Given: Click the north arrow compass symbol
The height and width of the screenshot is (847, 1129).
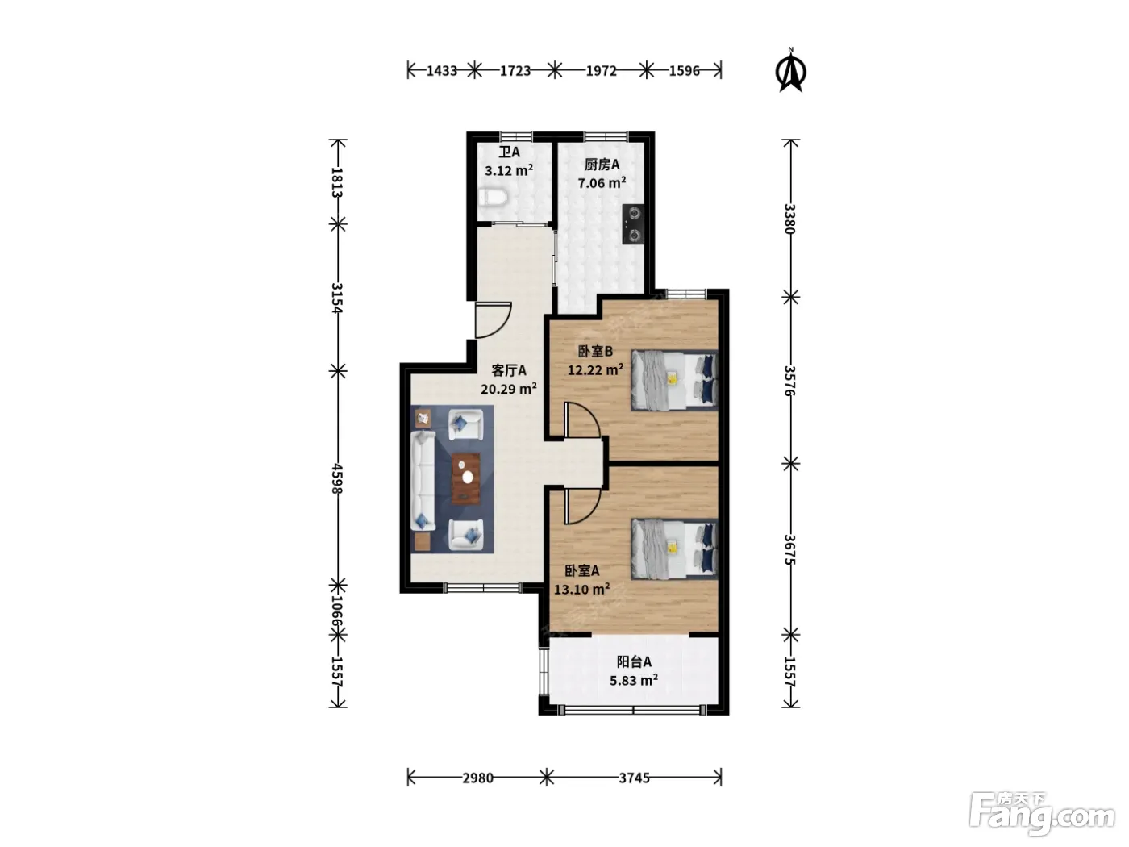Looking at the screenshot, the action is [790, 70].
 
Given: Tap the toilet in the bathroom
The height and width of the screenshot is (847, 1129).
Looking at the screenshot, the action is [494, 197].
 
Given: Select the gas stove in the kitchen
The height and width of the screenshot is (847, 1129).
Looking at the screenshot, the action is [633, 223].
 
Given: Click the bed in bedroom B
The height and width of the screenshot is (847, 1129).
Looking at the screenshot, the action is [674, 380].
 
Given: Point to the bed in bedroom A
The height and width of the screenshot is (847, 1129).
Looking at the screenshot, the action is [674, 549].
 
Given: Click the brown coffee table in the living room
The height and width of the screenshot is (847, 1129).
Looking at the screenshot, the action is [466, 478].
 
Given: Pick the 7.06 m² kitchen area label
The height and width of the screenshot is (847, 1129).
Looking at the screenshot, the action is [602, 182].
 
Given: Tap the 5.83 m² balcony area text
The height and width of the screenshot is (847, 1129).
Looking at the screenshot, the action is [634, 680].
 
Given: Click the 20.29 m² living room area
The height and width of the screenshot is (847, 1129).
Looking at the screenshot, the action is [509, 388].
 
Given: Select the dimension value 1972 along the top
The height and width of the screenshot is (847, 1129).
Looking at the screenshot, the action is [602, 70].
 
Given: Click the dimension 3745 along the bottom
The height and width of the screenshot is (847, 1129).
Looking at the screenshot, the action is [634, 778].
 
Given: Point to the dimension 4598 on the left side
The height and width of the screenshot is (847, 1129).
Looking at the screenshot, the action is [337, 478].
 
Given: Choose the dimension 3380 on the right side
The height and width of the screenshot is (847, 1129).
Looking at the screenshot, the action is [789, 219].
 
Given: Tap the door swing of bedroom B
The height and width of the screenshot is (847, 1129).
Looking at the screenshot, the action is [582, 420].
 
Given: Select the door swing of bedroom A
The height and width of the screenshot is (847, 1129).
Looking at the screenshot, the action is [582, 506].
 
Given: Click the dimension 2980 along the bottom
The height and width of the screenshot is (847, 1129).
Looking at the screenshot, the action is [478, 778].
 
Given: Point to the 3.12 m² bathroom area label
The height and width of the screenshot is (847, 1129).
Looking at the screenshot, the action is [509, 169].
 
